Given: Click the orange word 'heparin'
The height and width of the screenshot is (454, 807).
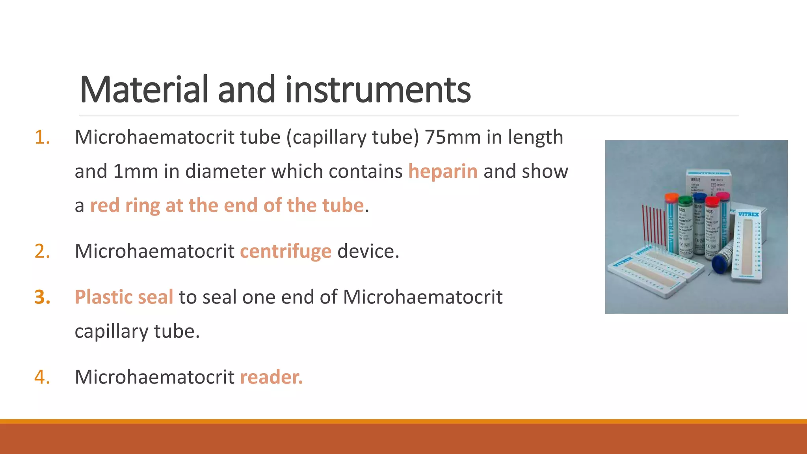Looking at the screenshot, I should point(443,171).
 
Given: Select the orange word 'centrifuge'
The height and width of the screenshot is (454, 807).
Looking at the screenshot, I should point(286,251).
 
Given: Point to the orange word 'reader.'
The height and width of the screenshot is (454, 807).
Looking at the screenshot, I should point(271,377).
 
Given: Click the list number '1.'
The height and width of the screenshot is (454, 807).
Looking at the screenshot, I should point(42,138).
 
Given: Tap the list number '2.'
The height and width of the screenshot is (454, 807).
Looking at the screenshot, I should point(42,251).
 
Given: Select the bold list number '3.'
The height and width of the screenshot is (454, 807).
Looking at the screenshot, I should point(42,297).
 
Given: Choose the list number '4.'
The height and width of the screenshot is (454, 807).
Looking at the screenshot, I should point(42,377).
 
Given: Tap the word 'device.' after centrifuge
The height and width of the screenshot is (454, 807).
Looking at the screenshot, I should point(368,251).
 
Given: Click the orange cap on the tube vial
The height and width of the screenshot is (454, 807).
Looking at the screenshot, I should point(671,197).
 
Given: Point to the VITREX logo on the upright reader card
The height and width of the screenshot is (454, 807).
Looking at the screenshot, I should point(748,214).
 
